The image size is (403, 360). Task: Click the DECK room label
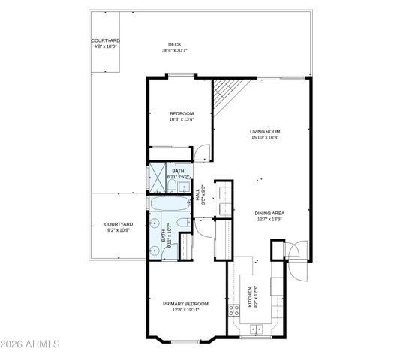(175, 45)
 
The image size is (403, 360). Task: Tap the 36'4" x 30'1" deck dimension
(175, 51)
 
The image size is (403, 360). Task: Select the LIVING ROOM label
(265, 131)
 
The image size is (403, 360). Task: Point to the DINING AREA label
(269, 213)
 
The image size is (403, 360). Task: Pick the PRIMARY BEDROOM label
(186, 303)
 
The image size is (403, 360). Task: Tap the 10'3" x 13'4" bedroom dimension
(182, 119)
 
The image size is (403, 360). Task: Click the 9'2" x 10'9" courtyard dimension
(119, 230)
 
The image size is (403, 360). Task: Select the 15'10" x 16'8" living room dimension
(265, 137)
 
